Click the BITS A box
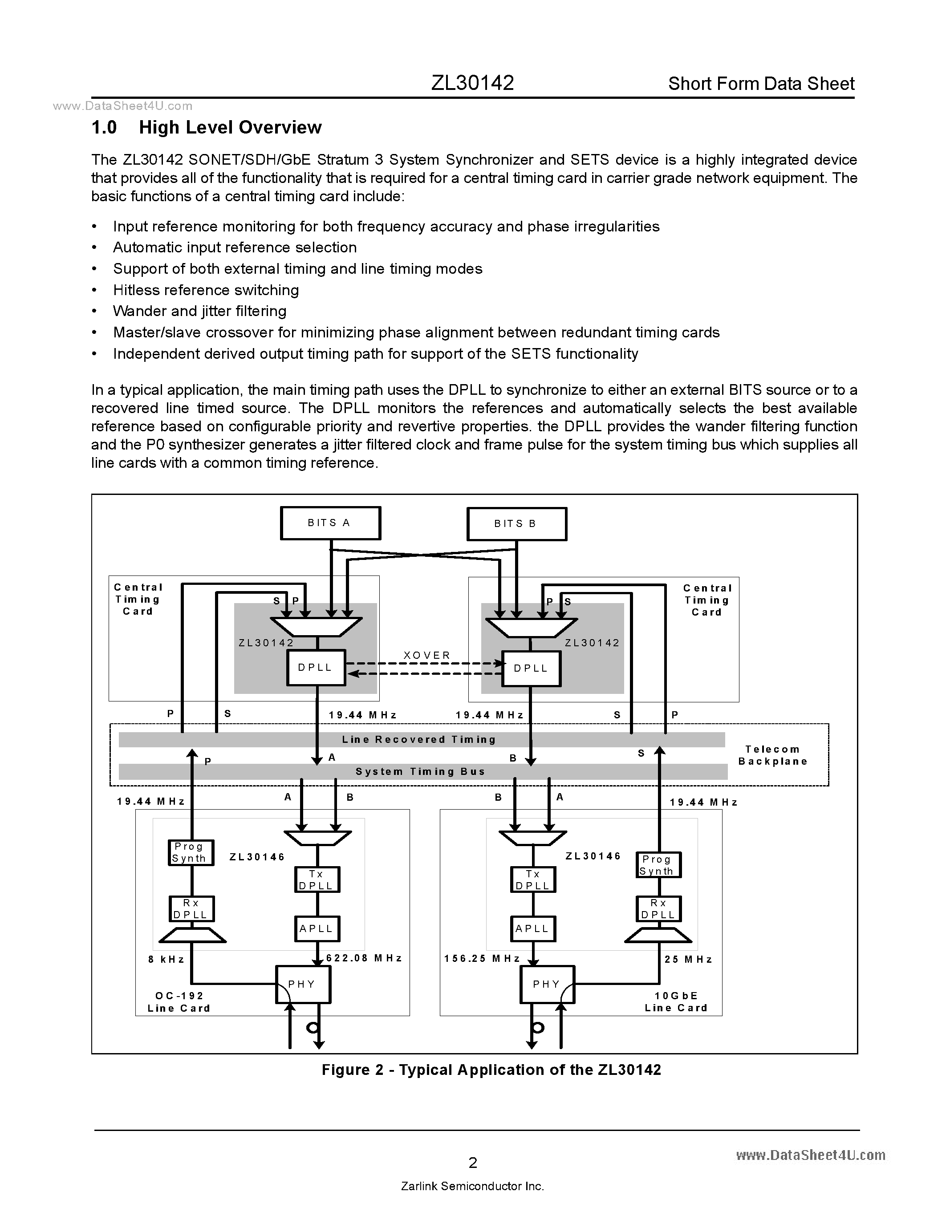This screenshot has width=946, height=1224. point(330,523)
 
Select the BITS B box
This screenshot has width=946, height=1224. point(516,524)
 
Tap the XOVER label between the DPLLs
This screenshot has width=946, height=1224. point(427,655)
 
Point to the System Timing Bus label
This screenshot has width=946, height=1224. point(420,772)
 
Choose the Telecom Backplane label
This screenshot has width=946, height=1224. point(773,755)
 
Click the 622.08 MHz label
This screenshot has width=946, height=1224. point(364,958)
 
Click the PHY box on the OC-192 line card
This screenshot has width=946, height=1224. point(303,985)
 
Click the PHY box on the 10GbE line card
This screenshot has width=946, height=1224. point(546,985)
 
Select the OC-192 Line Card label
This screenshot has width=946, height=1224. point(179,1002)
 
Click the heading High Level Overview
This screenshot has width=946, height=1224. point(230,128)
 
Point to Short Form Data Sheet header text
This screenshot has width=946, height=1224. point(761,84)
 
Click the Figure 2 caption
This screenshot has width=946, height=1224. point(491,1070)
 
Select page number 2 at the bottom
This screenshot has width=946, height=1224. point(472,1163)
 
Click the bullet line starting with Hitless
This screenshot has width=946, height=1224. point(206,290)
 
